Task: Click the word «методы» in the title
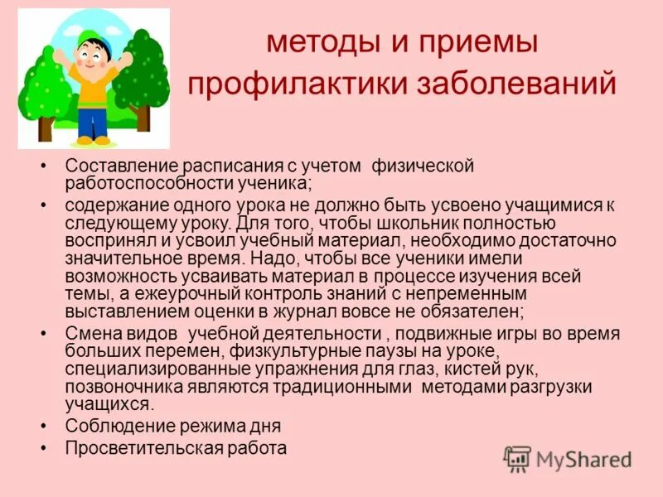click(x=321, y=44)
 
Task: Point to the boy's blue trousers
click(x=92, y=121)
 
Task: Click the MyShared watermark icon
click(x=517, y=458)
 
